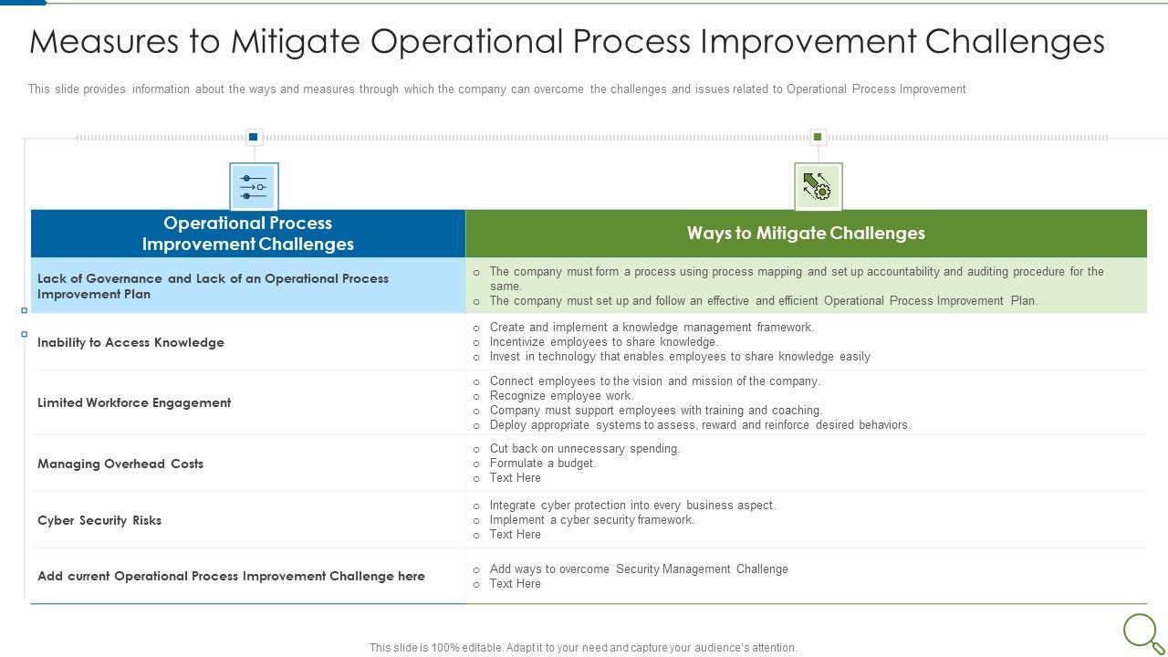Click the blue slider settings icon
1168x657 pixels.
[254, 187]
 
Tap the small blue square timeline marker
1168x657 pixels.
[254, 137]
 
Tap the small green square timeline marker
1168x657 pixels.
[818, 137]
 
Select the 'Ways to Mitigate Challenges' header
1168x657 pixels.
[806, 233]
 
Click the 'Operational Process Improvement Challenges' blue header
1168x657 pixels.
[248, 233]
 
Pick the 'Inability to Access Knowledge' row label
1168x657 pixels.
[130, 342]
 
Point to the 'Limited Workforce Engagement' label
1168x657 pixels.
[134, 403]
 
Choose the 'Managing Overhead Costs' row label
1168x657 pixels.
[120, 464]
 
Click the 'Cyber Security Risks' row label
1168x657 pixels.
[99, 520]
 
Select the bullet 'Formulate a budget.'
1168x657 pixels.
[543, 463]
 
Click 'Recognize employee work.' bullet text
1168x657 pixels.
[561, 396]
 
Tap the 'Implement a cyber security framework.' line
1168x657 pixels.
[592, 520]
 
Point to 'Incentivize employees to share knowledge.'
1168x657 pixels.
[604, 342]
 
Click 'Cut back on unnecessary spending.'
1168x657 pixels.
[585, 448]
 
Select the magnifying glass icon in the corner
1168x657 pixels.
[1142, 633]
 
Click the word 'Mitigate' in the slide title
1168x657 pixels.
[296, 42]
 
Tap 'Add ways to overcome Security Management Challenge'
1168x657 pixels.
[639, 568]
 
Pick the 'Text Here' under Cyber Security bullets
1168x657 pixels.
[516, 535]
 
